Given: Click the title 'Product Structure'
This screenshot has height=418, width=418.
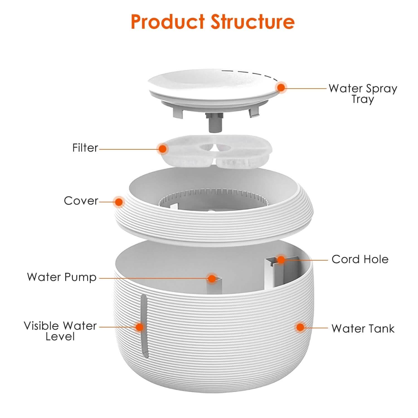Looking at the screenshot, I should pos(213,21).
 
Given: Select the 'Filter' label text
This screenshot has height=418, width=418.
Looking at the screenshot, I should pos(85,148).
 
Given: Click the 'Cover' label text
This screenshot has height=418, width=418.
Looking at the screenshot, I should pos(81,201).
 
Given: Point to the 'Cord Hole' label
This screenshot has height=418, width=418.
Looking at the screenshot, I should pos(360,259).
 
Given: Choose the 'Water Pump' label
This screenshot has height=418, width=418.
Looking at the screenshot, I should pos(62,277).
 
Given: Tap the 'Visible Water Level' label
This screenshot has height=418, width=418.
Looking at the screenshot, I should pos(60,331).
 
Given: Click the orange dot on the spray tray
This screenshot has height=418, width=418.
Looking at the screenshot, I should pos(281,88).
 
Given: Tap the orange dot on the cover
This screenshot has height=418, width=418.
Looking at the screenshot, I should pos(119,201).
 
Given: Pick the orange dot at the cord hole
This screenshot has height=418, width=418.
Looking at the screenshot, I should pos(281,260).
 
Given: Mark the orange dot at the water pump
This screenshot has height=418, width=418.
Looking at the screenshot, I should pos(212,278).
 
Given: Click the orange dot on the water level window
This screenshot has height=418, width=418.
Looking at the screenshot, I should pos(139,327).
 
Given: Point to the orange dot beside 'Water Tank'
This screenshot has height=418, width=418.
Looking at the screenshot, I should pos(300,327).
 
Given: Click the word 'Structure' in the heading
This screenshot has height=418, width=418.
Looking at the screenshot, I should pos(253,21).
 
